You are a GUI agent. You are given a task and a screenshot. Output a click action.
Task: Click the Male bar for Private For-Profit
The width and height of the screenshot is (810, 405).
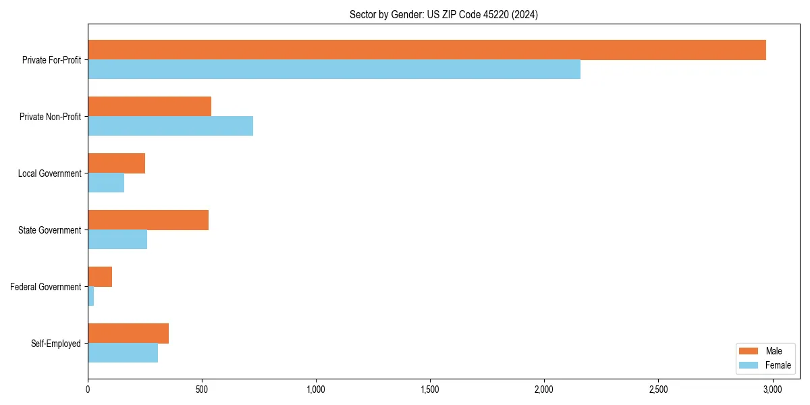tap(427, 50)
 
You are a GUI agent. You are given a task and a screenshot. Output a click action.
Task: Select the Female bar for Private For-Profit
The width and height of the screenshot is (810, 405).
tap(334, 70)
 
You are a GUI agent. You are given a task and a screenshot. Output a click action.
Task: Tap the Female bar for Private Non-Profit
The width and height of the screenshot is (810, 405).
tap(170, 126)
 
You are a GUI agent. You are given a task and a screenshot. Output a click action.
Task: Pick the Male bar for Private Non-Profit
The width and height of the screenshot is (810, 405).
tap(149, 107)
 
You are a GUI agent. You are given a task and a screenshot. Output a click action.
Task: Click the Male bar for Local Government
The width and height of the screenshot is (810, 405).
tap(116, 163)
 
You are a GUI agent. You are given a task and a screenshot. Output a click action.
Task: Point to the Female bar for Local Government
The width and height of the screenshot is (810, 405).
tap(106, 183)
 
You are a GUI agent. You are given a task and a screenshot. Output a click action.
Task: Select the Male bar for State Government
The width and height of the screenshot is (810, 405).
tap(148, 220)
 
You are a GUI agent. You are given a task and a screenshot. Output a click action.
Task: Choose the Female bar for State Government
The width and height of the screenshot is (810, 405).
tap(117, 240)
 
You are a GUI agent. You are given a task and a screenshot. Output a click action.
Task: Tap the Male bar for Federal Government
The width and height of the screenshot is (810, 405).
tap(100, 277)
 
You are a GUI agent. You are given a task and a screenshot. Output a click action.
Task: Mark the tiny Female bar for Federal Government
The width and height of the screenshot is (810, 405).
tap(90, 296)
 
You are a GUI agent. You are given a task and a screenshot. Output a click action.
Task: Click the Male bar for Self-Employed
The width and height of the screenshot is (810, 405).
tap(128, 333)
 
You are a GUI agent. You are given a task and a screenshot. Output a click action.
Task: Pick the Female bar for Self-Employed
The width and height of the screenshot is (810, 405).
tap(123, 353)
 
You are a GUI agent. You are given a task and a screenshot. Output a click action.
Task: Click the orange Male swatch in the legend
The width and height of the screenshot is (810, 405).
tap(749, 351)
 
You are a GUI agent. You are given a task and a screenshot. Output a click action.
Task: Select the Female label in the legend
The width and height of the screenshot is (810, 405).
tap(778, 365)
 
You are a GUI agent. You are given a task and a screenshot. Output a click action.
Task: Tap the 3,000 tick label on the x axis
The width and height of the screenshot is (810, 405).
tap(772, 389)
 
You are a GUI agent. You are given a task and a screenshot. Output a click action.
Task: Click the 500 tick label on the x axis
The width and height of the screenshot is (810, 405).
tap(202, 389)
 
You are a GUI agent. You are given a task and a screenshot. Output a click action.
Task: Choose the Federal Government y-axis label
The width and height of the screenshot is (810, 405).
tap(46, 287)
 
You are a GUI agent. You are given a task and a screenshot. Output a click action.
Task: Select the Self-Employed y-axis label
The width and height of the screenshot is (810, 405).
tap(56, 344)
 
